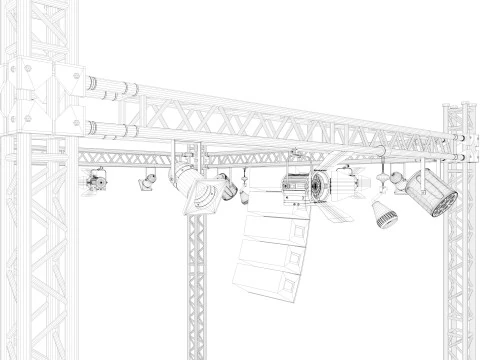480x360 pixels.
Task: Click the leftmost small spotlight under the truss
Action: (97, 181)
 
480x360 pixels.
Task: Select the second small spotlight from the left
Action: (147, 180)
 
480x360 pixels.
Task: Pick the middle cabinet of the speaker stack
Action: (272, 252)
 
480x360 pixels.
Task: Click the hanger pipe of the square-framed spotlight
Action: (179, 156)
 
